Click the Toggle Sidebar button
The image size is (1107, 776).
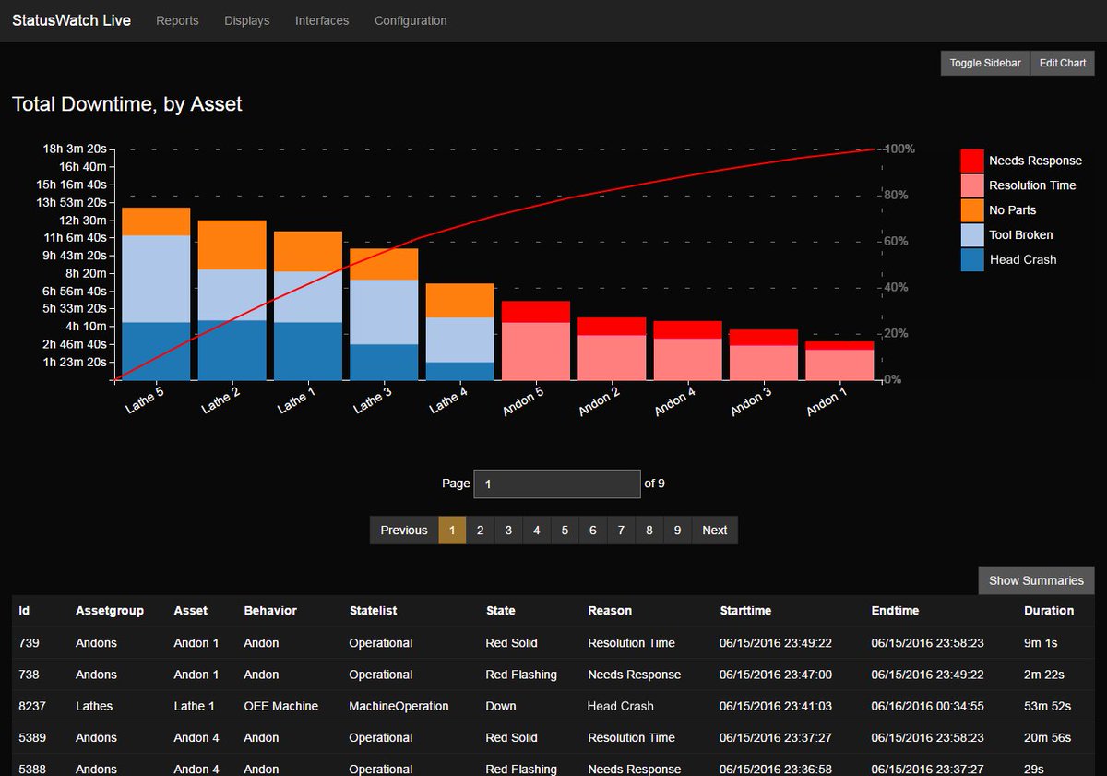click(985, 63)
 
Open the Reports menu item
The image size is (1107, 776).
click(177, 20)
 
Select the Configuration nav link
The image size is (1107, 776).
click(411, 20)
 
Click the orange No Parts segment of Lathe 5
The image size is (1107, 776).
click(156, 221)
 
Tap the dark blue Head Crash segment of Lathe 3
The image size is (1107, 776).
click(384, 362)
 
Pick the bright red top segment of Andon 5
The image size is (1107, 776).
click(535, 312)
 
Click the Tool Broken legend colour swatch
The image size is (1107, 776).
click(972, 235)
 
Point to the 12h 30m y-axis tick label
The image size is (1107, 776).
click(82, 220)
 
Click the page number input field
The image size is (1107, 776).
click(556, 484)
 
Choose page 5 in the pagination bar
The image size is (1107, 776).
click(565, 531)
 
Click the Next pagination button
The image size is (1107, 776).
click(714, 531)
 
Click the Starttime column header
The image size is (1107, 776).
click(745, 610)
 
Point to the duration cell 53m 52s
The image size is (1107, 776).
click(1047, 706)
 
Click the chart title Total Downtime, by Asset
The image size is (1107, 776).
click(127, 104)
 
